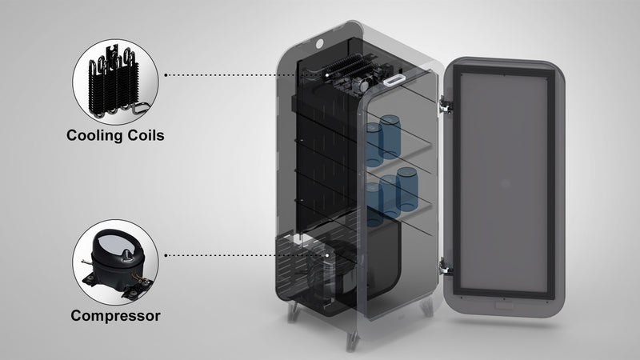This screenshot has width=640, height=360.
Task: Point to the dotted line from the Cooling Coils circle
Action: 240,74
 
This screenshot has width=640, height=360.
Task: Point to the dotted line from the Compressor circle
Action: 240,255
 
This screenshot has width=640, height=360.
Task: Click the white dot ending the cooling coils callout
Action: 330,74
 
